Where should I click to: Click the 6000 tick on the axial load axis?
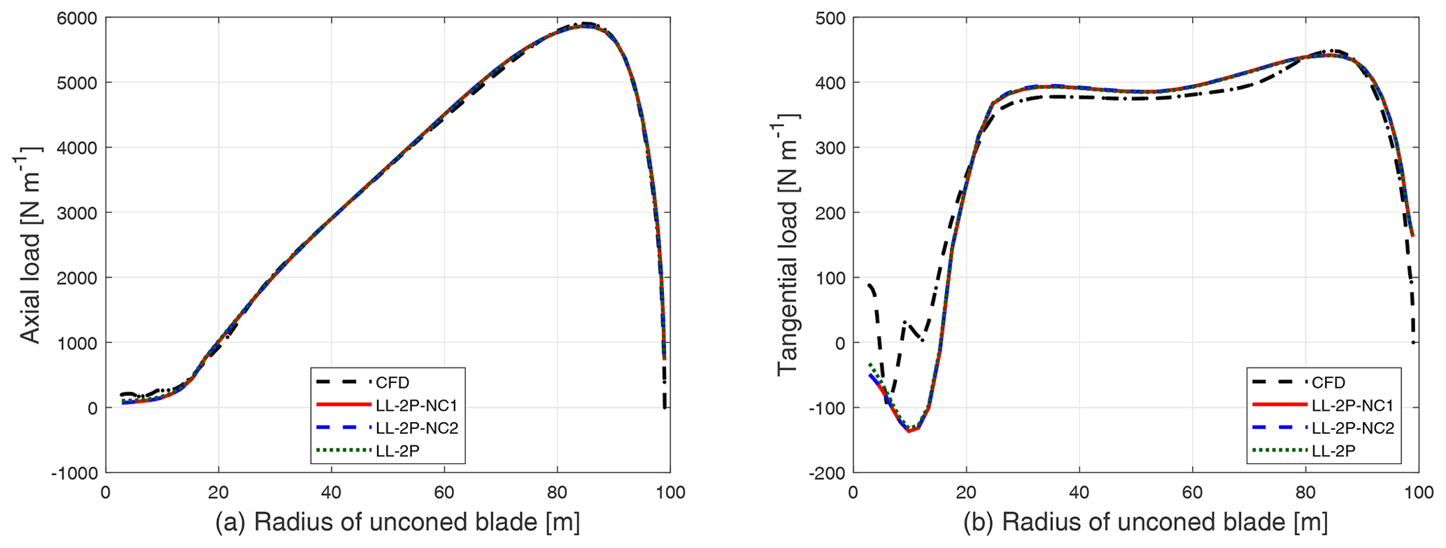pos(77,18)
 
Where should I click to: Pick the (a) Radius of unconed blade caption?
pos(397,522)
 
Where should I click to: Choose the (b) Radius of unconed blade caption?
pos(1144,522)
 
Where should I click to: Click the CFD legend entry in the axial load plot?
pos(392,383)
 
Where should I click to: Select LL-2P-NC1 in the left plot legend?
pos(417,405)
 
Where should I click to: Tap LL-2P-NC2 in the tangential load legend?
pos(1353,428)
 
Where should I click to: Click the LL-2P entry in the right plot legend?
pos(1333,451)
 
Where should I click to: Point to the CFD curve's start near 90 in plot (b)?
pos(869,285)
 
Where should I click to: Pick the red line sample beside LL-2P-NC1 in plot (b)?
pos(1277,405)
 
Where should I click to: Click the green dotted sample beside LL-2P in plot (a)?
pos(343,451)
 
